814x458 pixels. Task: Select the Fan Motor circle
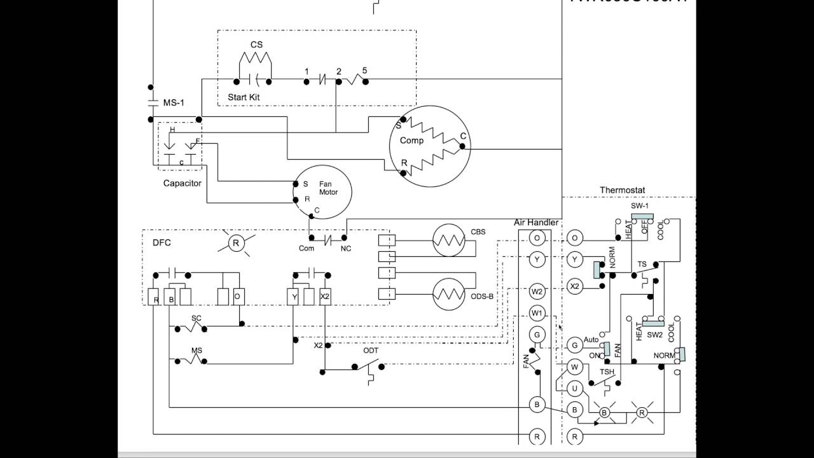click(322, 191)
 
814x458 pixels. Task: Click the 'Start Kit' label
click(244, 97)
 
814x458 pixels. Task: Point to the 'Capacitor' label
click(182, 183)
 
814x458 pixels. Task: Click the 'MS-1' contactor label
click(174, 102)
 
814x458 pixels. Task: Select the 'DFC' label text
click(162, 242)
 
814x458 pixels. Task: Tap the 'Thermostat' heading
click(622, 190)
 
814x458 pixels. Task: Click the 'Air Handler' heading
click(536, 223)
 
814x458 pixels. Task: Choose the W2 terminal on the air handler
click(537, 291)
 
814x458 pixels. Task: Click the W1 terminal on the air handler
click(537, 313)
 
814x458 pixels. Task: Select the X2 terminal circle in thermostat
click(575, 287)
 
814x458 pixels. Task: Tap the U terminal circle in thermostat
click(575, 388)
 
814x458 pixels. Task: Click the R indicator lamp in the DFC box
click(236, 243)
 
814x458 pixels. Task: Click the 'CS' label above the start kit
click(256, 45)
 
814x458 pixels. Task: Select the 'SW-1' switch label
click(640, 206)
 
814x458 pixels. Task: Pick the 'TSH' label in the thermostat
click(607, 371)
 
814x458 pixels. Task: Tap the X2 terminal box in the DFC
click(325, 296)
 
